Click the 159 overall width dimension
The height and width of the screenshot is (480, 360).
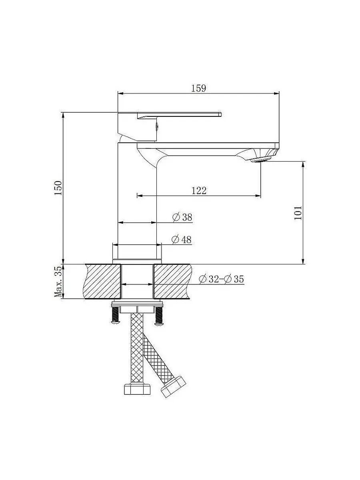pyautogui.click(x=199, y=88)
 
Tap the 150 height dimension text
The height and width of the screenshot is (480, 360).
pyautogui.click(x=58, y=188)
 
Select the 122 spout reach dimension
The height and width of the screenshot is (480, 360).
pyautogui.click(x=199, y=191)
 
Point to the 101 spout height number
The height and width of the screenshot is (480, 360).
pyautogui.click(x=298, y=213)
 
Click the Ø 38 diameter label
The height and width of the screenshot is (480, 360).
pyautogui.click(x=182, y=217)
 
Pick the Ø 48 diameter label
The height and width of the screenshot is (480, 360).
pyautogui.click(x=182, y=240)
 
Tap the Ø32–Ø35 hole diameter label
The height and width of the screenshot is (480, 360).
pyautogui.click(x=221, y=279)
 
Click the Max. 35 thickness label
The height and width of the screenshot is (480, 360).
pyautogui.click(x=58, y=282)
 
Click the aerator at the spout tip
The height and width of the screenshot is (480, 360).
pyautogui.click(x=261, y=160)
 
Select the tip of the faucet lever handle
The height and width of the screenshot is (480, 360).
pyautogui.click(x=220, y=114)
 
